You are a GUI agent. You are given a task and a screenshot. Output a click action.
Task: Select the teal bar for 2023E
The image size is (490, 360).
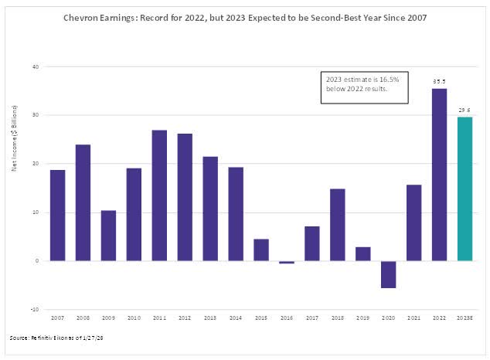pos(464,188)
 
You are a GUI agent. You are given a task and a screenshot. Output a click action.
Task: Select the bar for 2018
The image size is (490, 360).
pos(337,225)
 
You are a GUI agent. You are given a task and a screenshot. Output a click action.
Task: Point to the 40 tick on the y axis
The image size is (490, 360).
pos(35,66)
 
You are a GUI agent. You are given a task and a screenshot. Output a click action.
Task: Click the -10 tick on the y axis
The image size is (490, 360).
pos(34,310)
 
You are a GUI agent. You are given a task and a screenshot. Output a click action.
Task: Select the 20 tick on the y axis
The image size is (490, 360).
pos(35,164)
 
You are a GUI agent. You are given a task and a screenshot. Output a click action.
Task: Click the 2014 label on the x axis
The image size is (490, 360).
pos(235,318)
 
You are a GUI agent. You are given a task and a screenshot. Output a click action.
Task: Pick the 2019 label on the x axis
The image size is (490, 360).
pos(362,318)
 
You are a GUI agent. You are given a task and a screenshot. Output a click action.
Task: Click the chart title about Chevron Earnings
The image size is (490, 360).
pos(244,17)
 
